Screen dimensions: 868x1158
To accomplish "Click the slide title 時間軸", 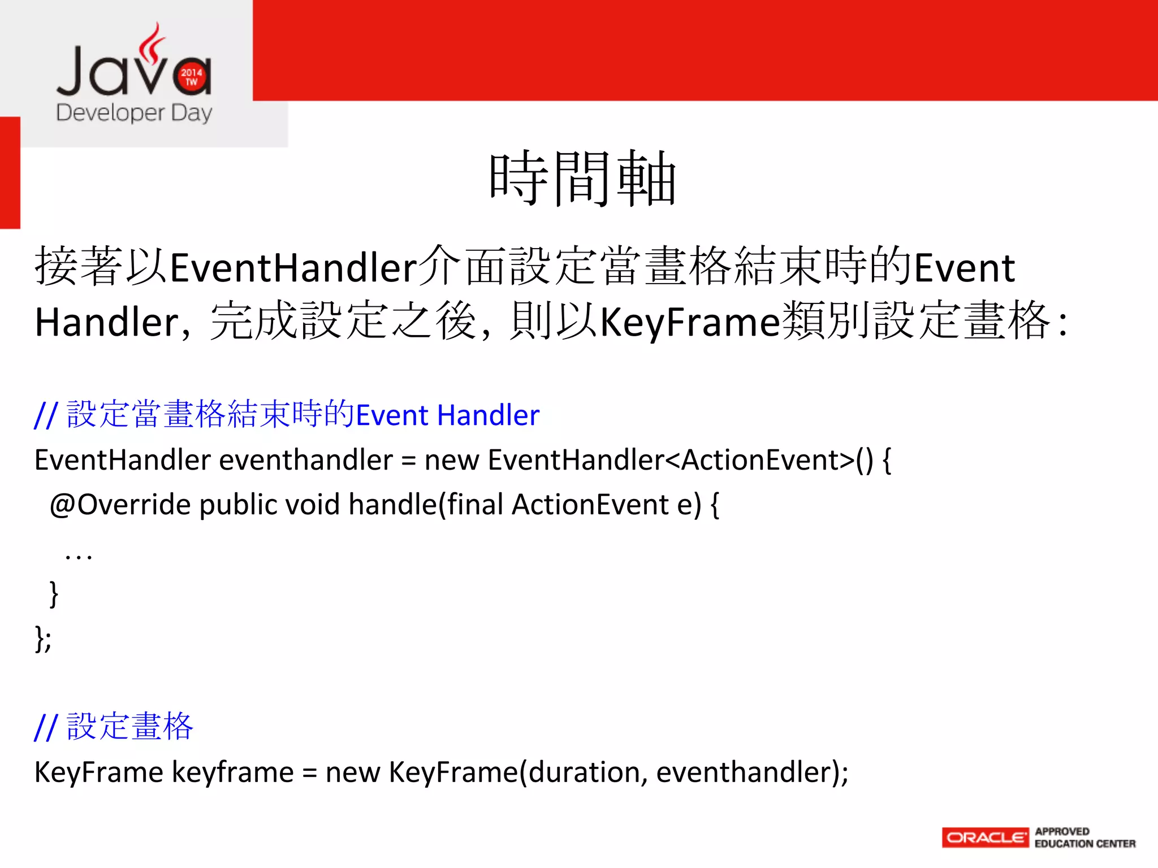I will tap(582, 179).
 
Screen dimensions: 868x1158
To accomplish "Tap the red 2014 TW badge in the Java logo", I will tap(192, 77).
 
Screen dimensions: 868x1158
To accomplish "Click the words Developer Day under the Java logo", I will tap(134, 113).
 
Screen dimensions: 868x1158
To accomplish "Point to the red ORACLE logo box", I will tap(985, 837).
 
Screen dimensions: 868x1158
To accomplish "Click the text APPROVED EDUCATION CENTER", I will tap(1084, 837).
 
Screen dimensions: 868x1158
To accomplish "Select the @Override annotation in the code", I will tap(120, 504).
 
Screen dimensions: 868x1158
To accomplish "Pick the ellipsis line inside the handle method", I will tap(78, 556).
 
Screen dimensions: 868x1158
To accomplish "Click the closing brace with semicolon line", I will tap(43, 639).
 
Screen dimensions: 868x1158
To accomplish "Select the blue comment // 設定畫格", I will tap(114, 727).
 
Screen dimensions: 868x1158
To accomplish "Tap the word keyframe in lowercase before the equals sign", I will tap(232, 772).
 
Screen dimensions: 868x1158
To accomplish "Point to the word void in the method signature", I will tap(312, 504).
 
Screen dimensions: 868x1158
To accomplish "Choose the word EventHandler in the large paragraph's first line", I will tap(293, 267).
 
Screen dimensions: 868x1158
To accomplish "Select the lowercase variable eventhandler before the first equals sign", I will tap(305, 460).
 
